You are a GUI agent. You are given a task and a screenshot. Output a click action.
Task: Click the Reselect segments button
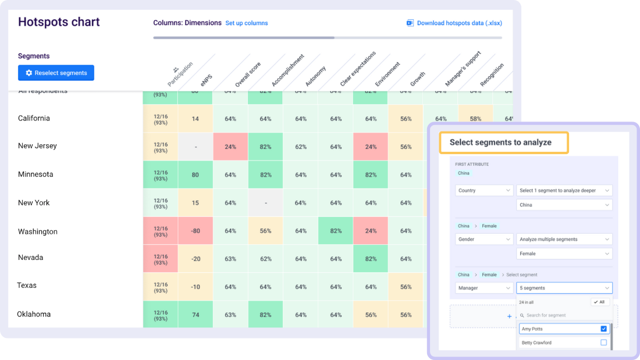(x=56, y=73)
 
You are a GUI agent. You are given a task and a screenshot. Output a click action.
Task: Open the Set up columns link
(x=247, y=23)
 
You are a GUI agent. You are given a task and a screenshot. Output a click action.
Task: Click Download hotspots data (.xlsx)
(x=454, y=23)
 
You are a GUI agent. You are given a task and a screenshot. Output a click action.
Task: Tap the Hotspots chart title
(x=59, y=22)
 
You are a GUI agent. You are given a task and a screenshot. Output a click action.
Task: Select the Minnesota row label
(x=35, y=174)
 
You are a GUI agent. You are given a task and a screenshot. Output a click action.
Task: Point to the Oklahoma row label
(x=34, y=314)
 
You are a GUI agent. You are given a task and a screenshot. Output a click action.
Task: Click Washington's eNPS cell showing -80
(x=195, y=231)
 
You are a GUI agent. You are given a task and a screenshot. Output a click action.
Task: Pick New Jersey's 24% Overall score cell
(x=230, y=147)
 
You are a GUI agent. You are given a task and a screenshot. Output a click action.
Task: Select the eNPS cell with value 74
(x=195, y=315)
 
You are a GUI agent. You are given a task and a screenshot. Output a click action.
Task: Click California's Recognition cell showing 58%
(x=475, y=119)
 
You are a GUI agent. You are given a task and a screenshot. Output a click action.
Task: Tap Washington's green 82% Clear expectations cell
(x=336, y=231)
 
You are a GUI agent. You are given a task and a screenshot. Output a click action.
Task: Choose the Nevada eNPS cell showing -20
(x=195, y=259)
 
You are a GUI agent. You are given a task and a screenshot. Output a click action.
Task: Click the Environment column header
(x=387, y=74)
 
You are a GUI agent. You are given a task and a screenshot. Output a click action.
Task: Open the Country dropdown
(x=484, y=190)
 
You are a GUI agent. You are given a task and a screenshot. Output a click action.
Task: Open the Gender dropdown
(x=484, y=239)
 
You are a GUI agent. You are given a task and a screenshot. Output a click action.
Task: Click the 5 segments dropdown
(x=564, y=288)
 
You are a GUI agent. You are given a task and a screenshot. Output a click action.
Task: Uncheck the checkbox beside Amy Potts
(x=603, y=329)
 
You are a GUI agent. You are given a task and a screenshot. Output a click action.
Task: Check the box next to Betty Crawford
(x=603, y=343)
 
